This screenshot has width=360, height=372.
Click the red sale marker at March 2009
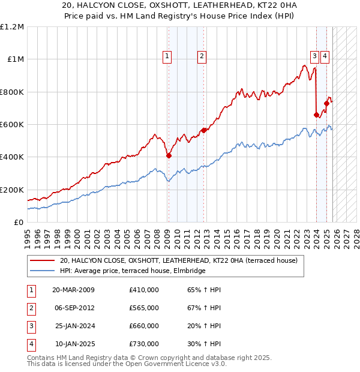click(169, 155)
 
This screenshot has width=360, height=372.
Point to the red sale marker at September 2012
click(204, 130)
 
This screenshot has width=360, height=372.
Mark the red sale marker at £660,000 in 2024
click(316, 115)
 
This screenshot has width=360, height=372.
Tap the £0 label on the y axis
click(18, 222)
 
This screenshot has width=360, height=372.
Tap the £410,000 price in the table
click(143, 290)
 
